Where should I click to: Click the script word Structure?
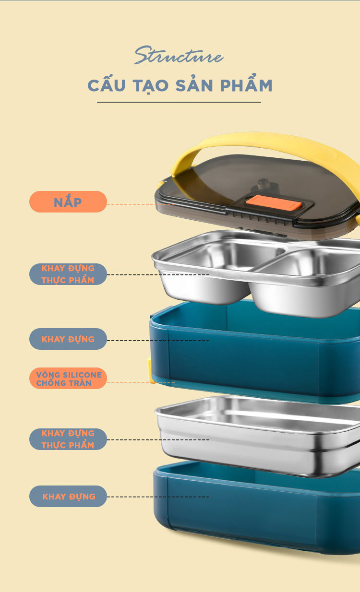(x=179, y=55)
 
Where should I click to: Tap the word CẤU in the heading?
(x=107, y=84)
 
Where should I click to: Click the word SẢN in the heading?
(x=194, y=84)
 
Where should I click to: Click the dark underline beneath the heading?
(x=179, y=102)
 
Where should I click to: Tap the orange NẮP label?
(x=68, y=201)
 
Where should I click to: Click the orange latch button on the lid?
(x=273, y=203)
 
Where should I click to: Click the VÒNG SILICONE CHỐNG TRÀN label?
(x=68, y=378)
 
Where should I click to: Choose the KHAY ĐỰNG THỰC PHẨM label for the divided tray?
(x=68, y=274)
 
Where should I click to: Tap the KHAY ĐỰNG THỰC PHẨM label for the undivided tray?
(x=68, y=439)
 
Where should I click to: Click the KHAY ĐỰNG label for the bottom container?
(x=68, y=496)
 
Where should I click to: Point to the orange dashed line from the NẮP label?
(x=141, y=204)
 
